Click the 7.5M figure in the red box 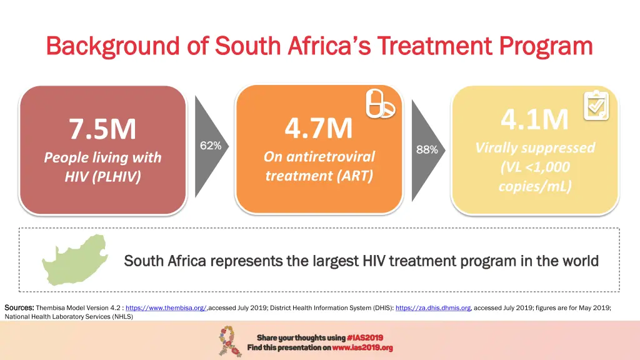102,129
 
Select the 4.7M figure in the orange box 319,128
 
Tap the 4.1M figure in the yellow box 535,119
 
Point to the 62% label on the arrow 211,146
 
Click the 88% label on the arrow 427,149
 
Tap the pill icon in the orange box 380,103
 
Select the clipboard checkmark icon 596,106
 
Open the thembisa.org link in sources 166,307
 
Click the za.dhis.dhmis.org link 433,307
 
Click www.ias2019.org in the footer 362,347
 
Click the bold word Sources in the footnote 19,307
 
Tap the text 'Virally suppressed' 535,148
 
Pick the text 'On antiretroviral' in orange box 319,156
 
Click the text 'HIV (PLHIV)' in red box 102,177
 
